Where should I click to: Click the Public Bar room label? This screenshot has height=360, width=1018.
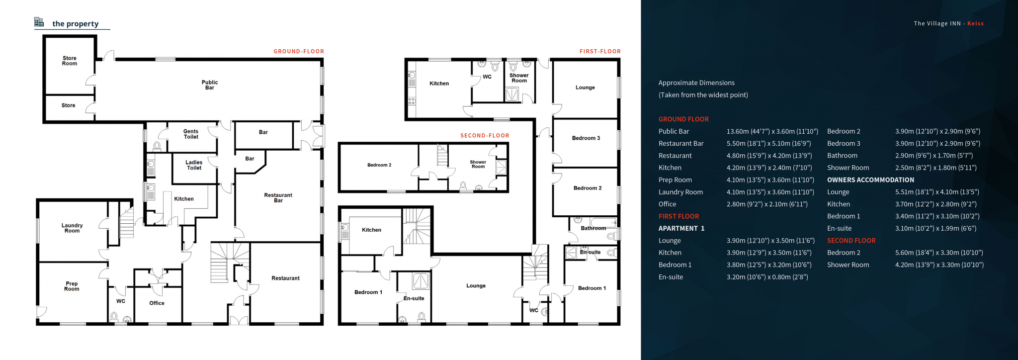(x=210, y=85)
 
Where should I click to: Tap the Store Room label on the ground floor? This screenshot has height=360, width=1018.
(x=70, y=61)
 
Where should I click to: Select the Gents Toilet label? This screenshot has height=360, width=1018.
(x=191, y=134)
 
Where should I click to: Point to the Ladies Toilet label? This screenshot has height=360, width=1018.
(x=194, y=165)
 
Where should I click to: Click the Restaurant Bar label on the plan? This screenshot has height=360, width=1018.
(x=278, y=198)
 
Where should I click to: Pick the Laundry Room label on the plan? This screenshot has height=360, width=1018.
(x=72, y=228)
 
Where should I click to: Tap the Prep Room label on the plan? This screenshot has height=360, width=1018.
(x=72, y=286)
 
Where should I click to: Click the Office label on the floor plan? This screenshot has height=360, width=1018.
(x=157, y=303)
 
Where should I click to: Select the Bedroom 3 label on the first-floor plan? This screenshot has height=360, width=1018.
(x=586, y=138)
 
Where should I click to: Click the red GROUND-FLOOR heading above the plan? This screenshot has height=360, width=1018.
(x=299, y=51)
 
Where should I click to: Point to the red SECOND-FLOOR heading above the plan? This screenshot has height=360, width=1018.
(x=485, y=135)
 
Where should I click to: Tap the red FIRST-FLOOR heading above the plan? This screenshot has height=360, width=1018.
(x=600, y=51)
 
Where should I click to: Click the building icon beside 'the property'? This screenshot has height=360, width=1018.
(x=39, y=22)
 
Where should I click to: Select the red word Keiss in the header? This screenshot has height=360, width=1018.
(x=975, y=23)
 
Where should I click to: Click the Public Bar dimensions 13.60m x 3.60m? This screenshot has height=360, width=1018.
(x=772, y=132)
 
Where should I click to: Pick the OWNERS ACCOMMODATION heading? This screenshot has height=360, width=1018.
(x=870, y=180)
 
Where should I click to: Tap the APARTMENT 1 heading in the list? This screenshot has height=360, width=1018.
(x=681, y=229)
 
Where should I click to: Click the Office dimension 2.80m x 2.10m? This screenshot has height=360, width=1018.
(x=767, y=204)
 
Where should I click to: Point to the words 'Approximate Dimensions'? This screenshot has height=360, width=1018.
(x=696, y=83)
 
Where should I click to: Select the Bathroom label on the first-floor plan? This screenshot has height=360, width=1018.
(x=594, y=228)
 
